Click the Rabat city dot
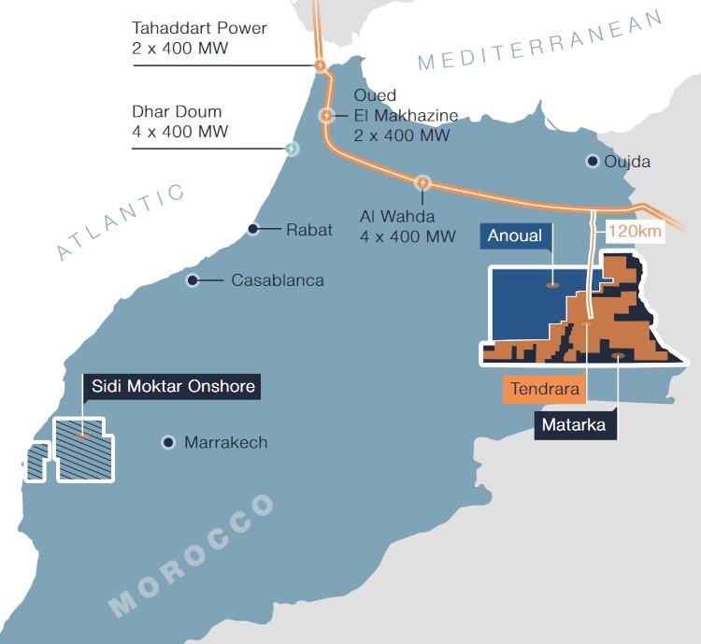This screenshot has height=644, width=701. click(x=253, y=229)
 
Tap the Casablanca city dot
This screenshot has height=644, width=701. click(x=193, y=279)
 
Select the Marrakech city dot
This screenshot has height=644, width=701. click(x=168, y=442)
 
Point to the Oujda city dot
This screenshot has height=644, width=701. click(x=593, y=161)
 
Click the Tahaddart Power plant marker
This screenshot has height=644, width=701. click(x=320, y=65)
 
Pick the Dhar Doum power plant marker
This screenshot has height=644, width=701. click(x=292, y=148)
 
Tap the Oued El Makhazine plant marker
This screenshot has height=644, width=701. click(x=326, y=116)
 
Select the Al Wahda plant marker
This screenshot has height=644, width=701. click(x=422, y=183)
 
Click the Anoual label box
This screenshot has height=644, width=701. click(x=514, y=236)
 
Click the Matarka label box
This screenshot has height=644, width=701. click(x=574, y=425)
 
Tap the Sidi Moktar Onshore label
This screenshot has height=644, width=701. click(x=172, y=386)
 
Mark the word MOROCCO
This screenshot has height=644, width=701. click(x=191, y=555)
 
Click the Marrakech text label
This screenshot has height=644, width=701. click(x=225, y=442)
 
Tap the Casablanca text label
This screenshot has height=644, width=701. click(x=278, y=279)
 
